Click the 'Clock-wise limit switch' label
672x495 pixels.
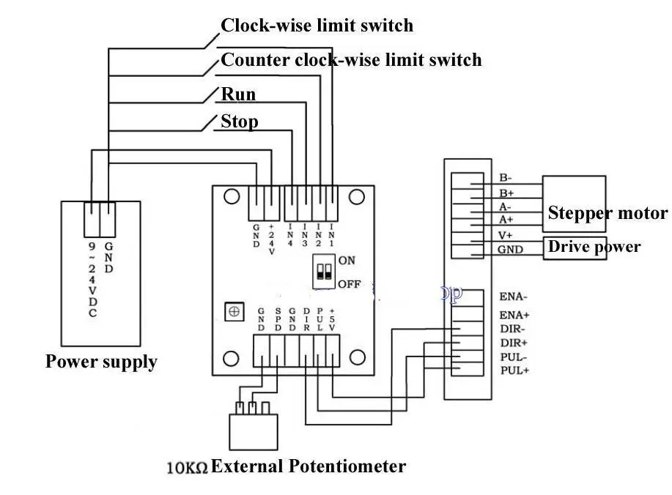[317, 26]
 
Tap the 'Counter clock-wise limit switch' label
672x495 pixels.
[352, 59]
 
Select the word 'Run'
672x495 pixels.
[239, 94]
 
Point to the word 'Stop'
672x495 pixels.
[240, 121]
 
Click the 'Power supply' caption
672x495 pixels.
[101, 362]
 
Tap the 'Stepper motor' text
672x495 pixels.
[608, 213]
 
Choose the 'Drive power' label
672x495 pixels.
[594, 247]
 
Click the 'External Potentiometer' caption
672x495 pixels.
[309, 466]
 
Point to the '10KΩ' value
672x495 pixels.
[188, 466]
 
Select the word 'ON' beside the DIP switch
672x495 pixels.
[347, 261]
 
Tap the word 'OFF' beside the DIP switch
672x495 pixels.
[350, 284]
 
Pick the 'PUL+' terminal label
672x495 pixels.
[514, 371]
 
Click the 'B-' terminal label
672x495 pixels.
[506, 177]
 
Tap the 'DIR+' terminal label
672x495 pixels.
[514, 343]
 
